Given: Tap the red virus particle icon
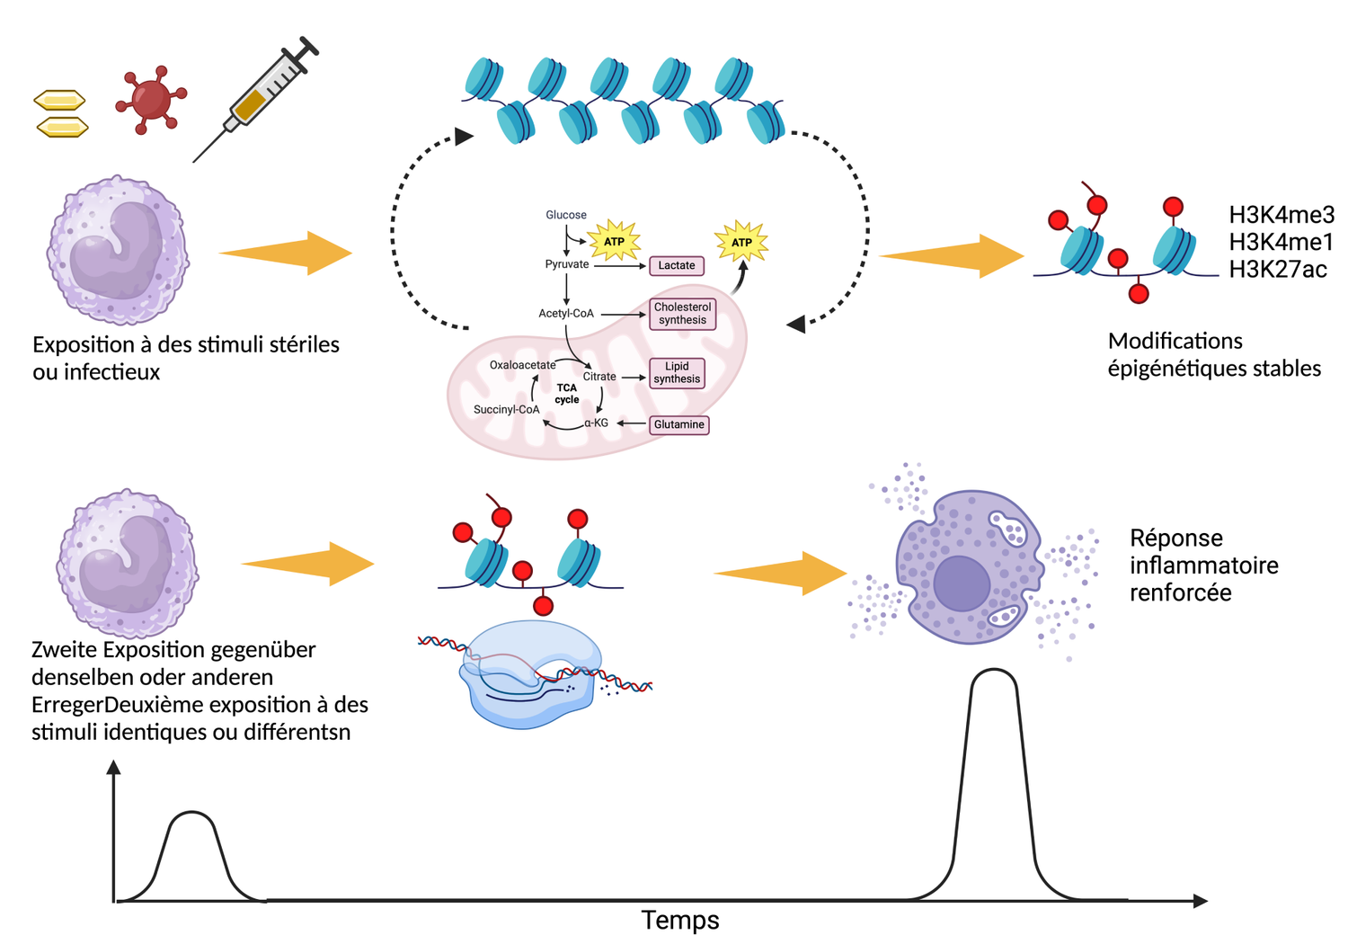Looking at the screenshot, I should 150,98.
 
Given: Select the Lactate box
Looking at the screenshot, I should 676,265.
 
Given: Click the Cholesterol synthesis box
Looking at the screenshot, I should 682,314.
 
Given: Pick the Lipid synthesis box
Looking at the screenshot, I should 677,372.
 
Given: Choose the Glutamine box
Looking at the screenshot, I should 678,424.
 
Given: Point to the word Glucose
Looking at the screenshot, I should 566,215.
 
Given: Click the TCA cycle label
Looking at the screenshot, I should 566,394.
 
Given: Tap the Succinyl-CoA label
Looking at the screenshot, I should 506,410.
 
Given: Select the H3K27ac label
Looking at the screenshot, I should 1277,270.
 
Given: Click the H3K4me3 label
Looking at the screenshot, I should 1281,215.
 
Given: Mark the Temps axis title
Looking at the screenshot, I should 680,921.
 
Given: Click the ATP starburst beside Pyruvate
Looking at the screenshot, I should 614,241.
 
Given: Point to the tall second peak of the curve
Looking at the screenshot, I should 994,683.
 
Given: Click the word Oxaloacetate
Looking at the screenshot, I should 522,365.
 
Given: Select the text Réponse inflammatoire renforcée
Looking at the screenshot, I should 1203,565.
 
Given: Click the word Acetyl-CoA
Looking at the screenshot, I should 566,314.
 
